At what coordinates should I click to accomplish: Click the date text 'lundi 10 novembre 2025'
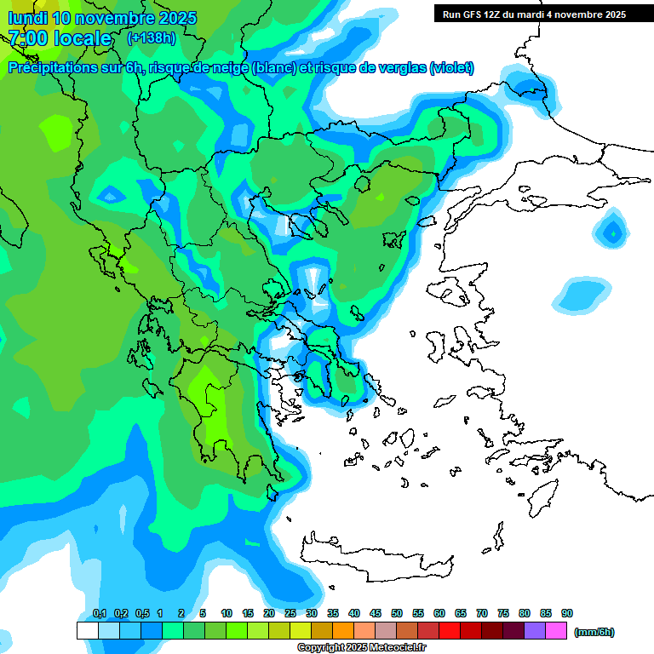[102, 18]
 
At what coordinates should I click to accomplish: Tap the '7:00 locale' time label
[60, 38]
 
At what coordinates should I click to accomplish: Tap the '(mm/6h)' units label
[594, 632]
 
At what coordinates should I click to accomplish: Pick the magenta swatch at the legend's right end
[556, 631]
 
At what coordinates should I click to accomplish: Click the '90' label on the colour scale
[567, 614]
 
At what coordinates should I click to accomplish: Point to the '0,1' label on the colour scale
[99, 614]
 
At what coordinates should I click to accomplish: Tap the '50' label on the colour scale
[397, 614]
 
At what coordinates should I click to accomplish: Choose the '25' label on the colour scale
[290, 614]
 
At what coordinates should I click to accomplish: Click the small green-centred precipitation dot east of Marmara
[611, 231]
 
